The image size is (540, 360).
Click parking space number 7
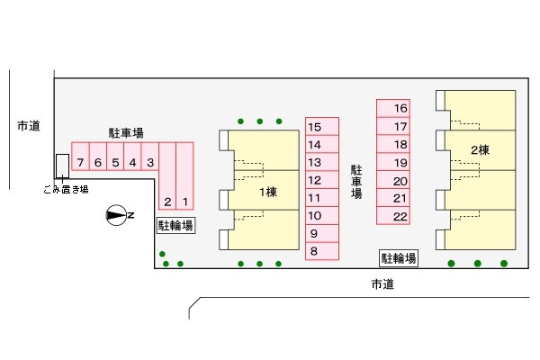point(80,163)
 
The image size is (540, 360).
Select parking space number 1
point(185,202)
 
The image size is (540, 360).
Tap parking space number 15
point(314,128)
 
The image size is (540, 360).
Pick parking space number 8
point(314,251)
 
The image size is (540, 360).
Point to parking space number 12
point(314,180)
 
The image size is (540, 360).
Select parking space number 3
point(150,163)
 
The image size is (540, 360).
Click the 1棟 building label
point(267,192)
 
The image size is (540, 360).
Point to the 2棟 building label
point(479,148)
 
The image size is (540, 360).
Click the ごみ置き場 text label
point(66,189)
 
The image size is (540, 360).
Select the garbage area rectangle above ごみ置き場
point(61,166)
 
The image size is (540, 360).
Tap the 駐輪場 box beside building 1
point(176,225)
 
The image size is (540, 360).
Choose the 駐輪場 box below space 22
point(399,258)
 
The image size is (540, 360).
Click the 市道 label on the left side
point(28,126)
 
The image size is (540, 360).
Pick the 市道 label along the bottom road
point(383,285)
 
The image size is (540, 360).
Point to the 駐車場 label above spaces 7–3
point(126,133)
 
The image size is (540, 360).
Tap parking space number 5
point(115,163)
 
